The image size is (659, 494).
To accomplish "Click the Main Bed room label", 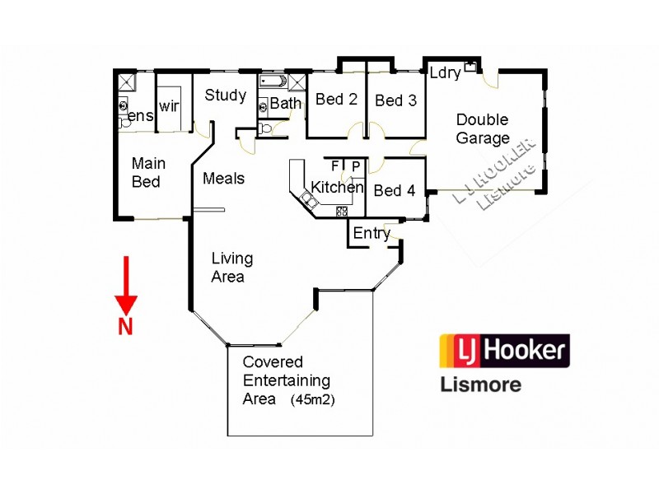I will [x=147, y=172].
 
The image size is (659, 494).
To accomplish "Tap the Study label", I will [x=226, y=96].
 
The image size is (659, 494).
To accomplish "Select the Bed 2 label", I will [x=336, y=100].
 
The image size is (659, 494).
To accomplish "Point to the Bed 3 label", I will [x=395, y=100].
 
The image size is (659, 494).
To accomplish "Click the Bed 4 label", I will [x=394, y=191].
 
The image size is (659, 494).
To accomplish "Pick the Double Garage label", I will [x=483, y=129].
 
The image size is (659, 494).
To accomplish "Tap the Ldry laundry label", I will [x=445, y=72].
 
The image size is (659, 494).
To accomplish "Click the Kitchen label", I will [x=337, y=188].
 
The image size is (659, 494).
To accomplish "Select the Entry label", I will [x=372, y=234].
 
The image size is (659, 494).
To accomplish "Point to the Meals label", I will [x=223, y=178].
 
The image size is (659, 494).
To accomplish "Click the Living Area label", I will [x=231, y=268].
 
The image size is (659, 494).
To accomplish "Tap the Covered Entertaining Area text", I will [x=286, y=381].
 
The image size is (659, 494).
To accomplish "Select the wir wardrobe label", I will [x=169, y=106].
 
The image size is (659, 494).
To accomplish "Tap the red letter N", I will [x=125, y=327].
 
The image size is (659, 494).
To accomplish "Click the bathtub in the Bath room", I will [x=273, y=82].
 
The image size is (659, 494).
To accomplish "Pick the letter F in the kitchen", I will [x=335, y=165].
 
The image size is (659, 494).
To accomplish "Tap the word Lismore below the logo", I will [x=482, y=384].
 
